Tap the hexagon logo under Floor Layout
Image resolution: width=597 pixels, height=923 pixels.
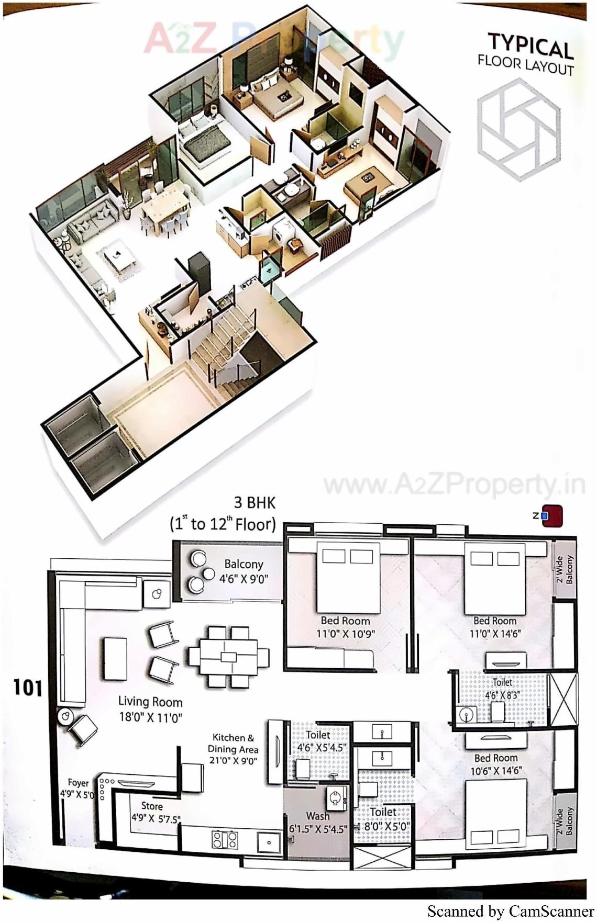tap(518, 130)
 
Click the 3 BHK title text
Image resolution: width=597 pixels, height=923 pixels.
tap(254, 503)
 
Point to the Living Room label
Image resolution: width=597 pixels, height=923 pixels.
tap(150, 708)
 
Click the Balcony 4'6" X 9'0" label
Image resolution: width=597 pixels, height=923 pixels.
tap(244, 570)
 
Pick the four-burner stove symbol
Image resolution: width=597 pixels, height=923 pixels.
tap(225, 840)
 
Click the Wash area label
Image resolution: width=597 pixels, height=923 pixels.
tap(318, 821)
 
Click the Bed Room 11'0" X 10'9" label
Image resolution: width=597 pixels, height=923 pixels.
tap(345, 627)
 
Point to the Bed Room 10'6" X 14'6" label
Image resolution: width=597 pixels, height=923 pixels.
tap(495, 764)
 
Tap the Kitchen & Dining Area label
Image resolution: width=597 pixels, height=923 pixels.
tap(233, 749)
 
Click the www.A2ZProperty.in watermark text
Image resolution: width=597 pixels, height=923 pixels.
tap(454, 485)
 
